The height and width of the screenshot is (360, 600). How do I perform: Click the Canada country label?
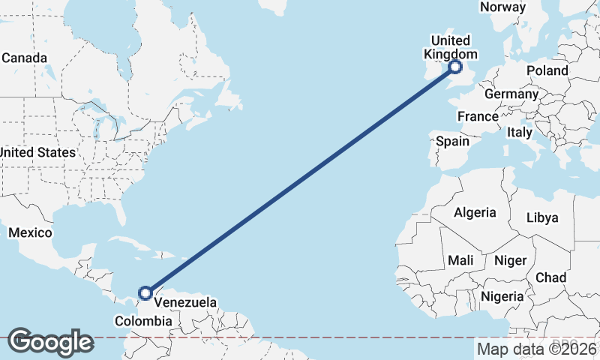[24, 58]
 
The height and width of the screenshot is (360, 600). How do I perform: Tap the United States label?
[37, 152]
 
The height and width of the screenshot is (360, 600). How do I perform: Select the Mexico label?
[30, 232]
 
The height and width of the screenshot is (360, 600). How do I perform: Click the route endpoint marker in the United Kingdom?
[455, 67]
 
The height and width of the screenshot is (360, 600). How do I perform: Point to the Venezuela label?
[185, 303]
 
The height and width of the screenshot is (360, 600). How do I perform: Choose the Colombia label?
[142, 321]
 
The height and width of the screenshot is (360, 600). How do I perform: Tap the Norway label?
[502, 7]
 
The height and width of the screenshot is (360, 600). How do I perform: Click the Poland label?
[547, 70]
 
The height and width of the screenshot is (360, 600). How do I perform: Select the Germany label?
[511, 94]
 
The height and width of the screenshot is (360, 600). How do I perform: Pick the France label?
[478, 116]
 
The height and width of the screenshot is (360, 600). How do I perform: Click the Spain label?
[452, 141]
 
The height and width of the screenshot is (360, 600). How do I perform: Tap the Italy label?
[519, 133]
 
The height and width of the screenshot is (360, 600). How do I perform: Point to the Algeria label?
[475, 212]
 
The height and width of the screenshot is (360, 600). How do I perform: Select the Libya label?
[542, 218]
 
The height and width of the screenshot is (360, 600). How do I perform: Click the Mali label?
[460, 260]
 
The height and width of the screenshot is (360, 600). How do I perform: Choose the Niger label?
[510, 260]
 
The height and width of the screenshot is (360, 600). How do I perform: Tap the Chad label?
[550, 277]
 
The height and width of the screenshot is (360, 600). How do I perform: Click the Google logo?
[50, 342]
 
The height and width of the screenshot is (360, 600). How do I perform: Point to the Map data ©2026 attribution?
[536, 349]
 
